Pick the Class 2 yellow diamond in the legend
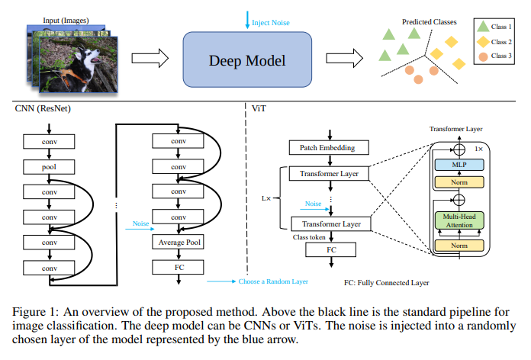click(x=484, y=41)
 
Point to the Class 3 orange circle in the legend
click(x=484, y=56)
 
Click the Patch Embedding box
click(x=330, y=147)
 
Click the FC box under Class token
click(x=330, y=249)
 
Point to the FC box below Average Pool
click(x=178, y=267)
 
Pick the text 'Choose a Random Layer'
click(x=273, y=281)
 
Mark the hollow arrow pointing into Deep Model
click(x=147, y=58)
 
